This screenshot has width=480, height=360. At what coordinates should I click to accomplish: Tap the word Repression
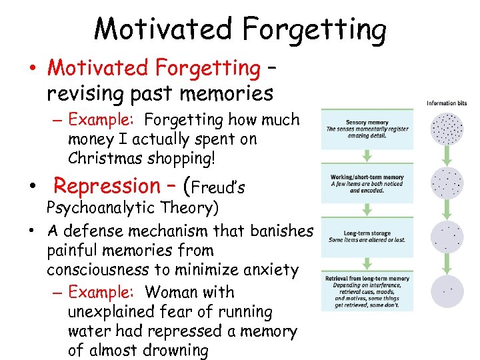pos(107,185)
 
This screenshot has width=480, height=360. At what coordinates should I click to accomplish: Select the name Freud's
pos(219,187)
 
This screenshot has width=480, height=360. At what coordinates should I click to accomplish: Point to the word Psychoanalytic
pos(100,208)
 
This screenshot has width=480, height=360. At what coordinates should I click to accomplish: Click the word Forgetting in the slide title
pos(314,29)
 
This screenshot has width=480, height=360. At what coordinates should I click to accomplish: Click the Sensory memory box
pos(367,129)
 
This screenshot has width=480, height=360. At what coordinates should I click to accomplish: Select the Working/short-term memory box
pos(367,183)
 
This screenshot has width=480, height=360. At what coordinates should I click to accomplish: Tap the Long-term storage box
pos(367,236)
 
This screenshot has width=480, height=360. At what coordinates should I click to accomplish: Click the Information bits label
pos(447,103)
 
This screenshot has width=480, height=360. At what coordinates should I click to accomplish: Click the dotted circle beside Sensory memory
pos(447,129)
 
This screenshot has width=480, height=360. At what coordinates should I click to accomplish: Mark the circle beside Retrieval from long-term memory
pos(447,291)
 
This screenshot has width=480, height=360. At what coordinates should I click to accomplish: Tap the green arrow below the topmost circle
pos(447,155)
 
